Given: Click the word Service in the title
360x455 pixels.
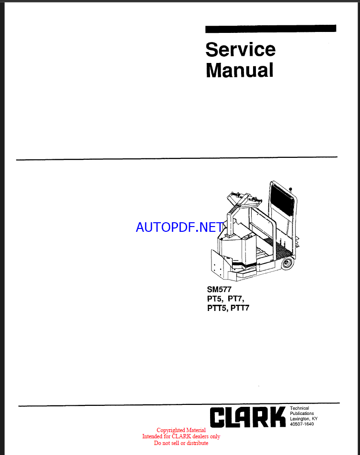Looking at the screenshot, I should coord(240,50).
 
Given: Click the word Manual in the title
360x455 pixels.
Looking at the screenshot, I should coord(239,70).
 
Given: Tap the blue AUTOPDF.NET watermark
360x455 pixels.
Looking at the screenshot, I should coord(180,227).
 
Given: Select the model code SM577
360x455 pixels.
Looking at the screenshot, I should coord(219,289).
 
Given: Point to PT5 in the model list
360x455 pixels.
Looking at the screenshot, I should coord(214,299).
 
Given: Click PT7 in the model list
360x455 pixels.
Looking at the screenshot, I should coord(235,299).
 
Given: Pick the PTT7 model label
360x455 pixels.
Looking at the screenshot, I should coord(240,308).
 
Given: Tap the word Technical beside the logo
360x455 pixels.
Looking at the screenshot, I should coord(299,408).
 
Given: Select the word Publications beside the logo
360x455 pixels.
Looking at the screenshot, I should coord(302,414).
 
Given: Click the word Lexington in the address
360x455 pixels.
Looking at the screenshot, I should coord(300,419).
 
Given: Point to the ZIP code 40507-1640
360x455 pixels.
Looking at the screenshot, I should coord(302,424).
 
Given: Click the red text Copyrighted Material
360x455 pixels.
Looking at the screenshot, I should coord(181,430).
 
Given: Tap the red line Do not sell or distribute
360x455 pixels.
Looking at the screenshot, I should coord(181,443).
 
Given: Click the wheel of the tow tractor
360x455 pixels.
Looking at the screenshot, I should coord(286,263).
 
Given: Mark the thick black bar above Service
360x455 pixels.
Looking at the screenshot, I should coord(271,29).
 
